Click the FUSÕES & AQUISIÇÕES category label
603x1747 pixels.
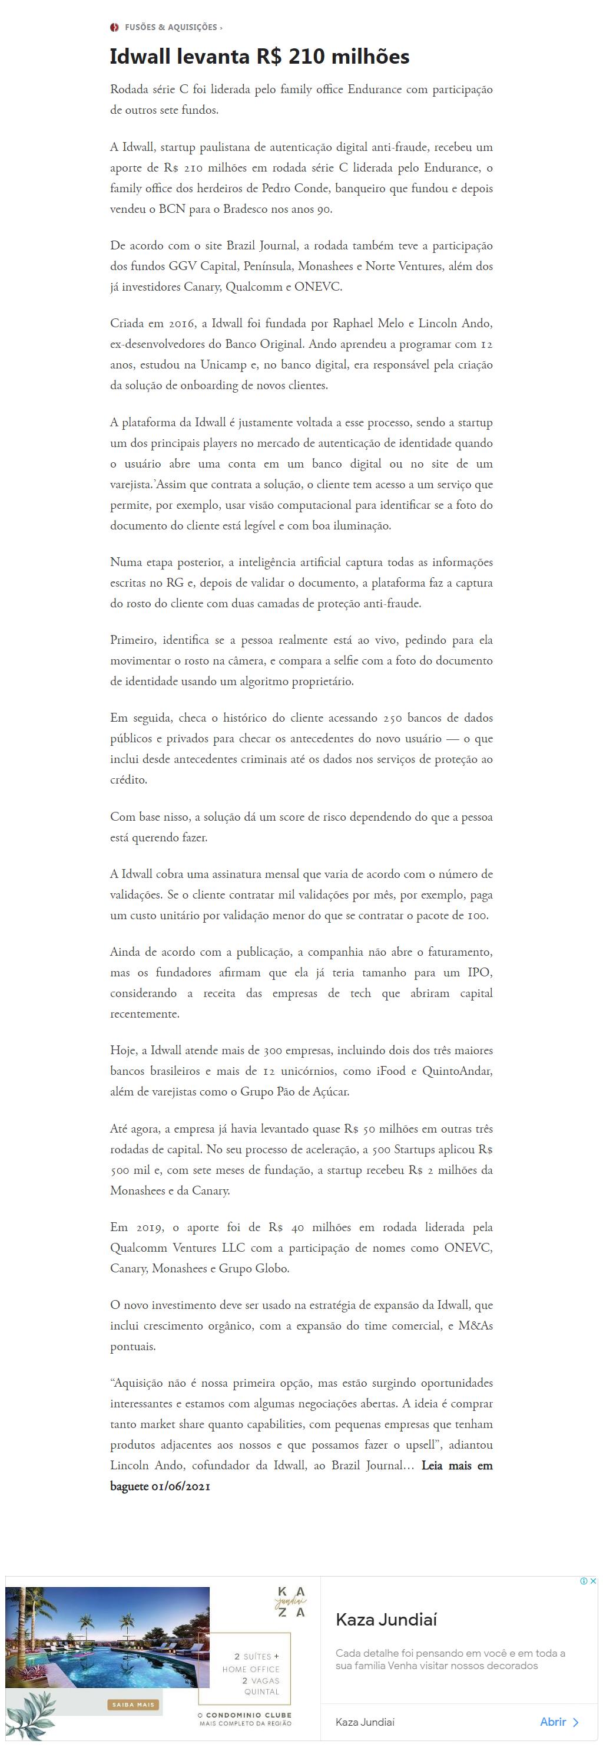click(x=171, y=27)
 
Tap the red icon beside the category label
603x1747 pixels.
click(x=114, y=27)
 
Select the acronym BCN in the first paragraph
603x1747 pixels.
click(x=172, y=209)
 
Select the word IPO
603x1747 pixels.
click(x=480, y=972)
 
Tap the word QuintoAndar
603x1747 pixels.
click(x=458, y=1071)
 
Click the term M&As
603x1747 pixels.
click(x=476, y=1325)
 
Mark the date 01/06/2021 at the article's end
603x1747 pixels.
click(x=180, y=1486)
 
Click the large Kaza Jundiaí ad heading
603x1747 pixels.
click(x=386, y=1620)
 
